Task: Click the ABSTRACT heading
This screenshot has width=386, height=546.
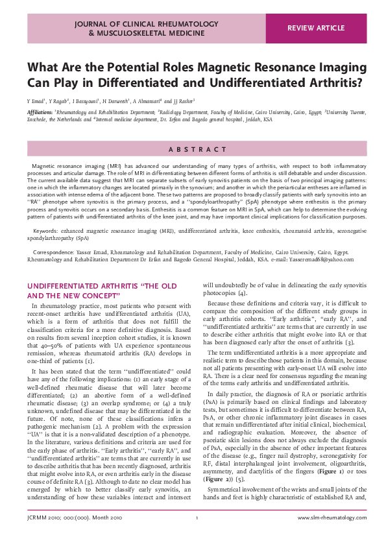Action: coord(193,149)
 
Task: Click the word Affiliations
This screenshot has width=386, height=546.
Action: coord(40,112)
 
